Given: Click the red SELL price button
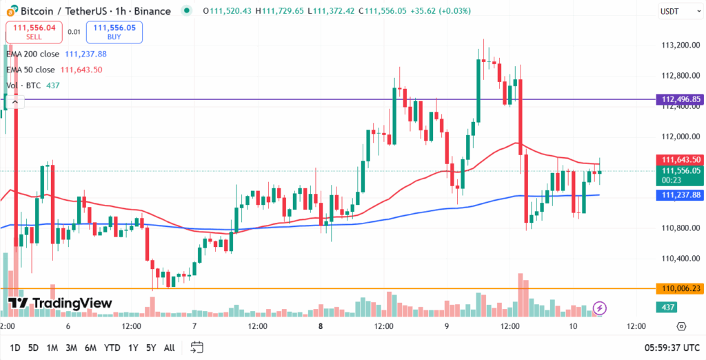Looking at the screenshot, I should point(34,31).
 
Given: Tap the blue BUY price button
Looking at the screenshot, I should point(114,31).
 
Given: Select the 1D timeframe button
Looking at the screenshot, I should point(14,348).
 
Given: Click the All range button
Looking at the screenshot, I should point(169,348).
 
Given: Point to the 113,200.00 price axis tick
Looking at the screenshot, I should point(676,46).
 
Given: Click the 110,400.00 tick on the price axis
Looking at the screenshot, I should point(676,259).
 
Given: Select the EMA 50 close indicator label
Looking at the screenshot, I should point(30,70).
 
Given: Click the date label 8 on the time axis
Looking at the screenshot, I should point(321,326).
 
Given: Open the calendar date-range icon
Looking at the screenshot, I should point(197,347).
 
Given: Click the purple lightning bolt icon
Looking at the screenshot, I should point(600,308).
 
